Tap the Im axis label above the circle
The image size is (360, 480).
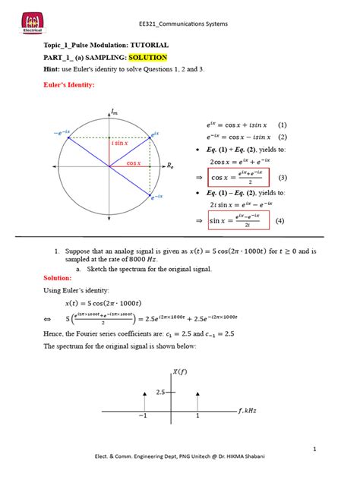114,112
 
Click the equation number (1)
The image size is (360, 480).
282,124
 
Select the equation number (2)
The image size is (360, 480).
282,137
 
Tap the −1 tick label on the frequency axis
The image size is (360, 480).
143,418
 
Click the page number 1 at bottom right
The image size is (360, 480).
334,451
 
